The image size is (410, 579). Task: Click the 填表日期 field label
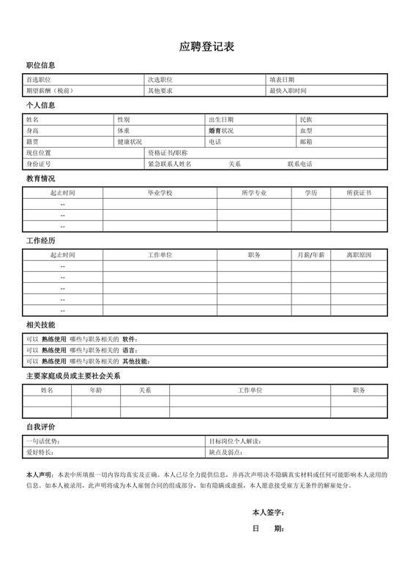[x=282, y=80]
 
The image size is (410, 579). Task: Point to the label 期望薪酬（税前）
[x=49, y=91]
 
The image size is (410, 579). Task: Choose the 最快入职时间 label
[x=288, y=91]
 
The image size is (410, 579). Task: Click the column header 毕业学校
[x=160, y=193]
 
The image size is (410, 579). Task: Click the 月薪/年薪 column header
[x=311, y=255]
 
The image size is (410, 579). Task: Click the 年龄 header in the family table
[x=96, y=391]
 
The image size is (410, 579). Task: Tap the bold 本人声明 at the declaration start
[x=39, y=474]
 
